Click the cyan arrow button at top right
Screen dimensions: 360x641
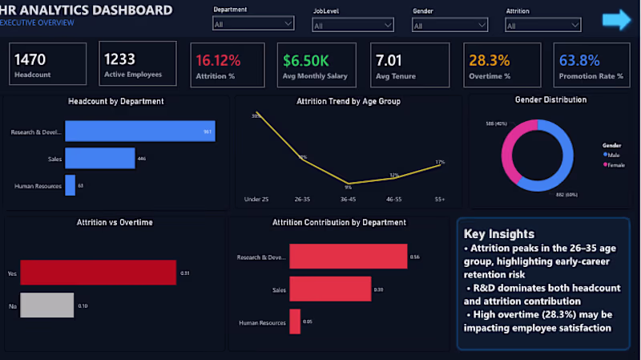[x=617, y=20]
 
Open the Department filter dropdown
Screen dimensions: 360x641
[x=253, y=24]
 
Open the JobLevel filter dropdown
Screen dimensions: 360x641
[x=353, y=26]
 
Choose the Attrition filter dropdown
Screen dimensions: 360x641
[x=543, y=26]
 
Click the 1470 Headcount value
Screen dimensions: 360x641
[x=31, y=59]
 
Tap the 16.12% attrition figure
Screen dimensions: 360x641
[x=218, y=59]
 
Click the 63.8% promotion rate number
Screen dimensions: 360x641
[x=579, y=59]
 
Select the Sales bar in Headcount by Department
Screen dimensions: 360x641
[x=99, y=159]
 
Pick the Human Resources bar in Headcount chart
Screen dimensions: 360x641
[x=70, y=185]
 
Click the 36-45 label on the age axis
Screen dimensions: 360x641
[x=348, y=197]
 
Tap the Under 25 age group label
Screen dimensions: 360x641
[x=256, y=197]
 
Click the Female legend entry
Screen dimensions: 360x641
[x=615, y=164]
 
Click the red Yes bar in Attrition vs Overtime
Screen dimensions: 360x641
[x=98, y=273]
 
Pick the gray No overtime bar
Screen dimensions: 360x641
[x=46, y=305]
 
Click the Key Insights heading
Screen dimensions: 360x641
[x=499, y=234]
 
